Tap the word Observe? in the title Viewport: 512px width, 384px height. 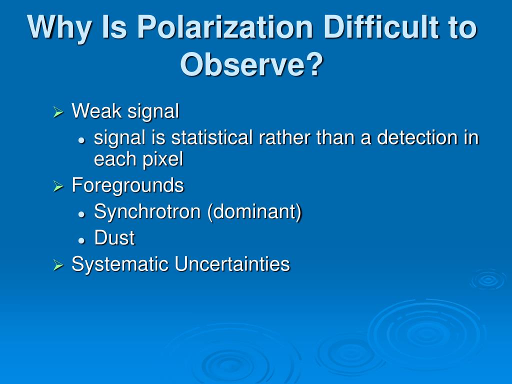[252, 64]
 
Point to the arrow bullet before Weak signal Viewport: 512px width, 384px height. [58, 112]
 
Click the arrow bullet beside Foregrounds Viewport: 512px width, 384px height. [58, 186]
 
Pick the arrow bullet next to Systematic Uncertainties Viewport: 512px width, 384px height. [58, 265]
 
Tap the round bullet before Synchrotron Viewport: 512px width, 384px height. [81, 214]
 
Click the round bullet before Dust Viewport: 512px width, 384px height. [81, 240]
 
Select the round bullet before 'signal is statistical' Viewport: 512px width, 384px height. [81, 140]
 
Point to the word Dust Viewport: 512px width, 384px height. [114, 237]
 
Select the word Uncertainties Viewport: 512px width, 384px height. [232, 264]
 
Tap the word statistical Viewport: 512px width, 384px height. [212, 137]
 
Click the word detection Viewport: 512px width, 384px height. [418, 137]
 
